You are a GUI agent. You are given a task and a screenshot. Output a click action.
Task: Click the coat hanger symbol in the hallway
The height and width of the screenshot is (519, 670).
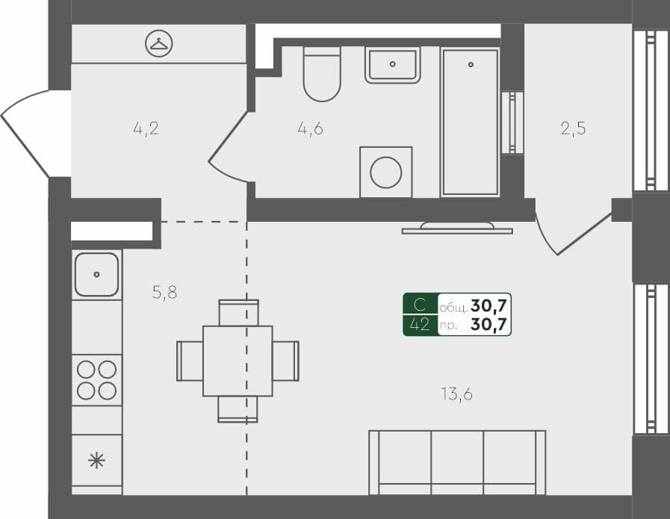(x=158, y=44)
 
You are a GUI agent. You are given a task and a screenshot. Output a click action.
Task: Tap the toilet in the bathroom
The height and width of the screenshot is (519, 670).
(x=322, y=74)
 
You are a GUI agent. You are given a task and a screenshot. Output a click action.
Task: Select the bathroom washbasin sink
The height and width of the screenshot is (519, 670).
(x=392, y=64)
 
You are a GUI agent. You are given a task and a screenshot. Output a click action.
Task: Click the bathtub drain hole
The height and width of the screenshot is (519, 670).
(x=471, y=65)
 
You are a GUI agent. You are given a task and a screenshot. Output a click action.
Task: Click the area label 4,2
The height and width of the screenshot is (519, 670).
(x=146, y=128)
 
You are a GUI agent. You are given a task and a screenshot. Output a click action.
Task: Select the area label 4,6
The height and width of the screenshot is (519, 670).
(x=310, y=128)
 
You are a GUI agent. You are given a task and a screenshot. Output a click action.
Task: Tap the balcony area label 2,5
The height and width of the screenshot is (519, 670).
(x=573, y=128)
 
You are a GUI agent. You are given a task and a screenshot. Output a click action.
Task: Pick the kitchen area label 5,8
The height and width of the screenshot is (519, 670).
(x=164, y=293)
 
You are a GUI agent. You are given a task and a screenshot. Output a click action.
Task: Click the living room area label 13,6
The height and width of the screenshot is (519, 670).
(x=456, y=394)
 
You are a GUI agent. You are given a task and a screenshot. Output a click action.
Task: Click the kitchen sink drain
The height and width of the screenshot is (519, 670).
(x=96, y=274)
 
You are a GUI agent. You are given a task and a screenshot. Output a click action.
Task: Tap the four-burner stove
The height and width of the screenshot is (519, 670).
(x=97, y=379)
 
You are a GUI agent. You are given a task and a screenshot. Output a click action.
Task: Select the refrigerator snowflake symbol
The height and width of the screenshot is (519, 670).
(x=96, y=460)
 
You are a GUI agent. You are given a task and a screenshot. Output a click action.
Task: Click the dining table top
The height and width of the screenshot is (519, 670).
(x=238, y=361)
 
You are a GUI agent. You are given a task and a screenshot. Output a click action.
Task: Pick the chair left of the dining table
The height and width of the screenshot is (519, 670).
(x=190, y=361)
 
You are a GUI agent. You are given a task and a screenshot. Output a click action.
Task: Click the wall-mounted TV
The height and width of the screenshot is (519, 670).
(x=457, y=228)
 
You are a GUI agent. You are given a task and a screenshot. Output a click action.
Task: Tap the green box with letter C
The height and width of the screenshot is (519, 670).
(x=421, y=304)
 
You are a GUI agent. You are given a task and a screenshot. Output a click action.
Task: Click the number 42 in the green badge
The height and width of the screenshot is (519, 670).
(x=421, y=324)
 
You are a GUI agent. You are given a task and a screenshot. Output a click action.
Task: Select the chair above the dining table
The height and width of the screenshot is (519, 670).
(x=238, y=312)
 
